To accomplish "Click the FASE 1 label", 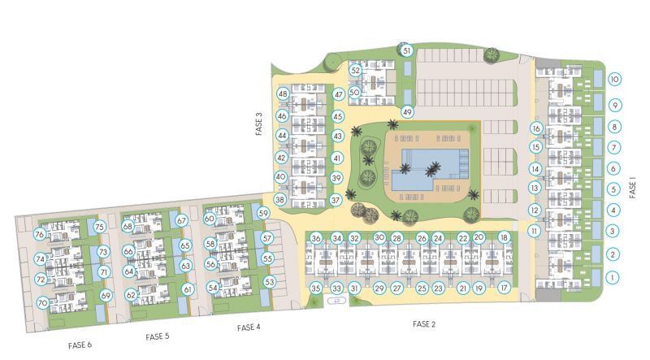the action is [632, 188].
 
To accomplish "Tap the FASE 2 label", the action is [424, 324].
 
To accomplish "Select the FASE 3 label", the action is [259, 124].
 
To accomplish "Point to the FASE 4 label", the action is [249, 327].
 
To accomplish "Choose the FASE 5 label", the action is [158, 336].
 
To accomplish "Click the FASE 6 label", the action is [80, 345].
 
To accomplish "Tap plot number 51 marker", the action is [407, 50].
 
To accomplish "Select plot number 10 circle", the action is [615, 79].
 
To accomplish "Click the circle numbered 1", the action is [613, 277].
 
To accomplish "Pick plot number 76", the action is [39, 234].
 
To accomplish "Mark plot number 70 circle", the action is [43, 303].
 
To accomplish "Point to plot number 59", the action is [263, 214].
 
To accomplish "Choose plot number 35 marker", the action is [316, 288].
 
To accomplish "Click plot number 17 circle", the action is [504, 288].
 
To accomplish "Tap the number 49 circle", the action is [407, 112].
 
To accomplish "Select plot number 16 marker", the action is [536, 128].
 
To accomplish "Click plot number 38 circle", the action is [280, 200].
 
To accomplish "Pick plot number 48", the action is [283, 93].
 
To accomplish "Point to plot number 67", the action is [181, 221].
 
